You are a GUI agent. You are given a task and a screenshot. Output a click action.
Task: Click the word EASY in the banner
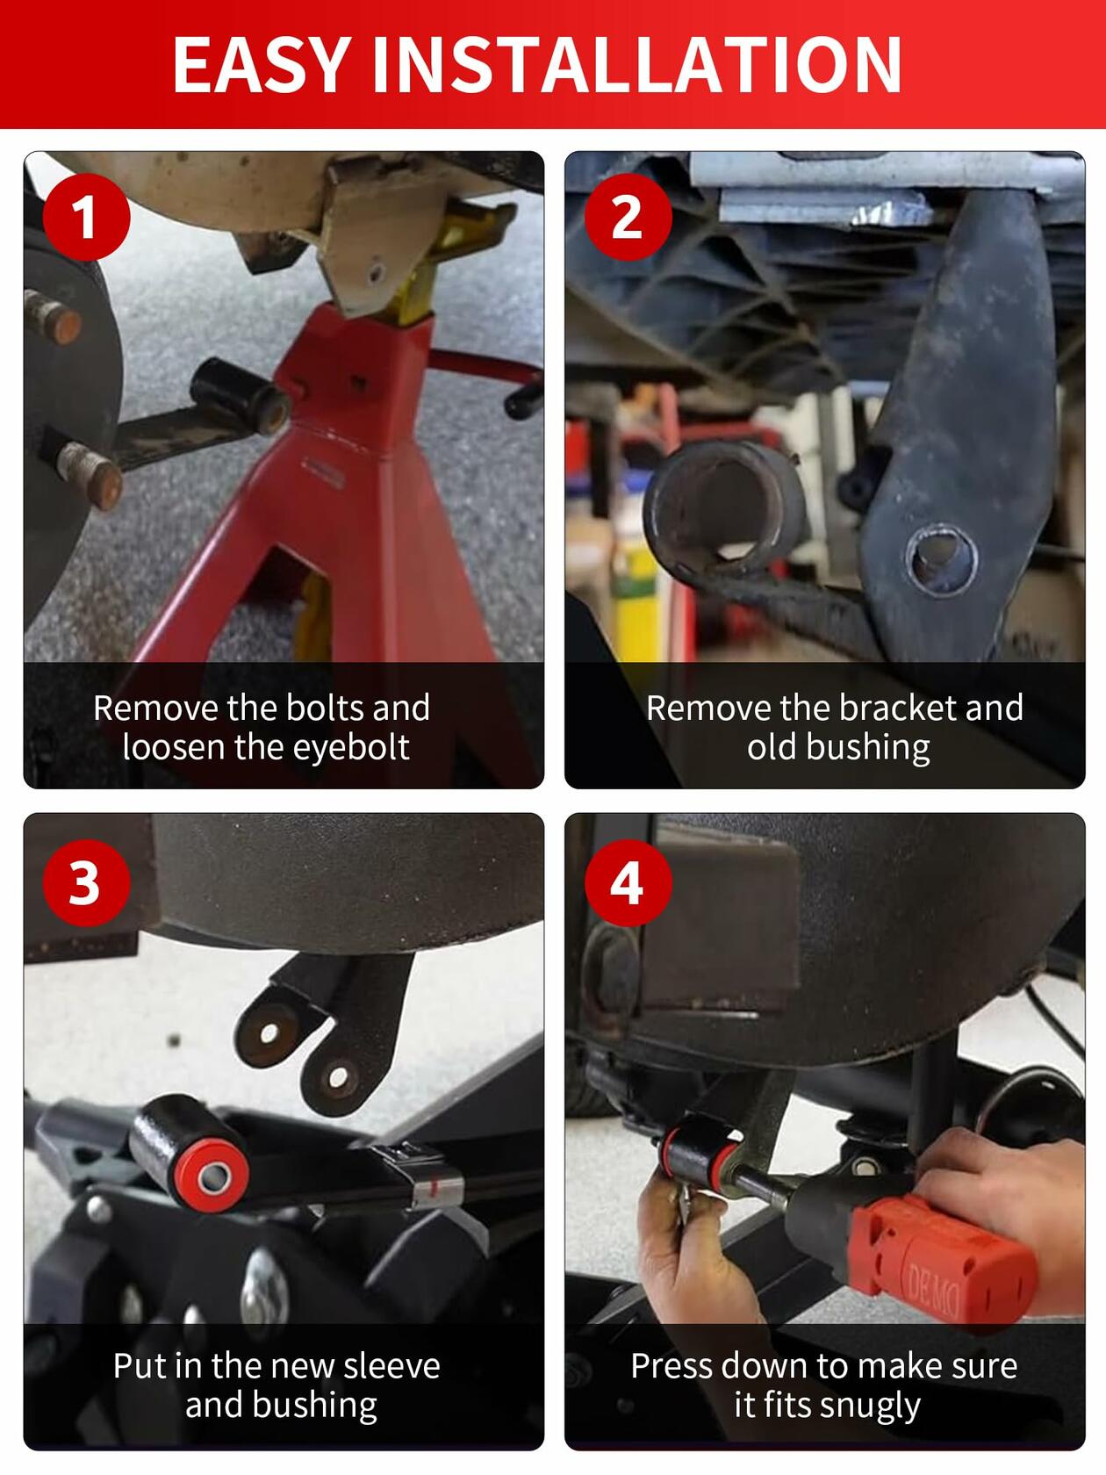tap(262, 64)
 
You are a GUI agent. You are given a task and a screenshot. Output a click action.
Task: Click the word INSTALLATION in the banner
tap(636, 64)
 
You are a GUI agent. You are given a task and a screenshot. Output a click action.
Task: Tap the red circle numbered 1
tap(86, 217)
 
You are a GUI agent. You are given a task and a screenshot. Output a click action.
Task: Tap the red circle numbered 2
tap(628, 217)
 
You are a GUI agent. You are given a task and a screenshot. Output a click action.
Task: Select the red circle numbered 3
tap(86, 883)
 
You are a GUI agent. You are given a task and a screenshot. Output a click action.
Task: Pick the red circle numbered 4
tap(628, 883)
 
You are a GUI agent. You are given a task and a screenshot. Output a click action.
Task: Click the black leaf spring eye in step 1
tap(240, 396)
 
